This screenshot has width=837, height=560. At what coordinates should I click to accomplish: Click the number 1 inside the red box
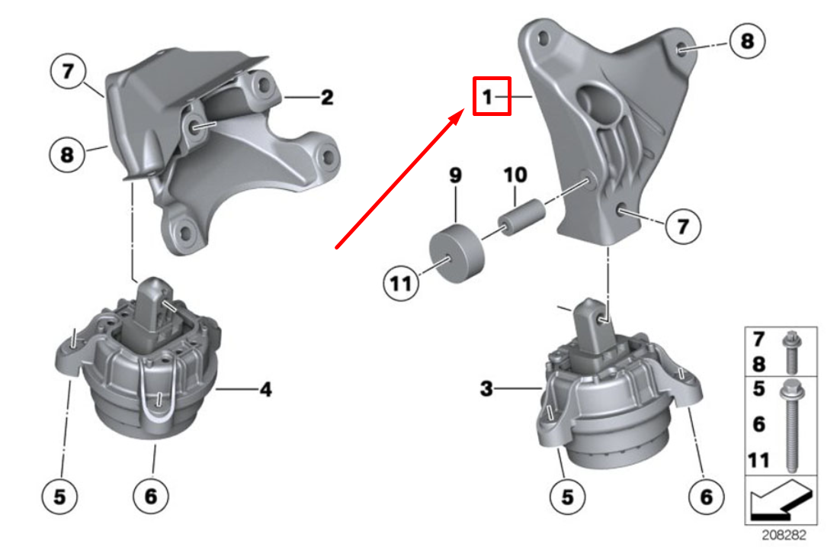[486, 97]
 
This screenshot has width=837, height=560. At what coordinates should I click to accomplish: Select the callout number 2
[326, 98]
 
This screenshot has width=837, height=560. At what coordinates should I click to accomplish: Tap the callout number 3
[486, 390]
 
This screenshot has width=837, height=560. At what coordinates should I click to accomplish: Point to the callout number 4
[265, 390]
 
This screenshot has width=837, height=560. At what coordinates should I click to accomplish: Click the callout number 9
[455, 176]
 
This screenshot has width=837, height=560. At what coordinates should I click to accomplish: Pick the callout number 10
[515, 176]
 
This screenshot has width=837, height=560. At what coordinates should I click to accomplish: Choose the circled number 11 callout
[402, 285]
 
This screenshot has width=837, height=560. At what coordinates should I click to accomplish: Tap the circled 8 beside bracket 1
[746, 40]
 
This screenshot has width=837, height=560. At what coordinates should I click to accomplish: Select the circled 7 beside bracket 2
[69, 72]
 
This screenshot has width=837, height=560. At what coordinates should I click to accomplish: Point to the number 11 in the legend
[758, 459]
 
